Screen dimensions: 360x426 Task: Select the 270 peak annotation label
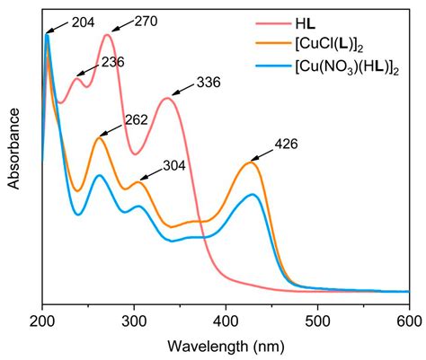click(x=146, y=17)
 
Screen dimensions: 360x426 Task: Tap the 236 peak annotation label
click(x=113, y=62)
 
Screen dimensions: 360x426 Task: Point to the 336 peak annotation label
click(x=208, y=81)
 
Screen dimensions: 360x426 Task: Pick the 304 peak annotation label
click(x=176, y=166)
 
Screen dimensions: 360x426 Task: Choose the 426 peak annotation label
click(x=285, y=144)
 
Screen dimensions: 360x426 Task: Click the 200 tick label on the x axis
click(x=42, y=317)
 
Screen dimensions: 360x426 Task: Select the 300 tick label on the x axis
click(x=134, y=317)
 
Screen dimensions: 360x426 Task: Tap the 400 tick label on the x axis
click(x=226, y=317)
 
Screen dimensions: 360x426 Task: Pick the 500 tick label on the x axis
click(x=317, y=317)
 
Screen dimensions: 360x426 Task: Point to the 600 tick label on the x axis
click(x=407, y=317)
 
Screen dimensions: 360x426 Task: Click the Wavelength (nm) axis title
click(x=226, y=344)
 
